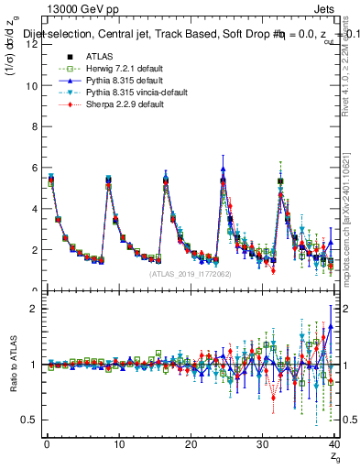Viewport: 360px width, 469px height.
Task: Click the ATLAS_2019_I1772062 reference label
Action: point(189,274)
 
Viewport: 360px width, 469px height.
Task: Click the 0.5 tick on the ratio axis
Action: point(27,420)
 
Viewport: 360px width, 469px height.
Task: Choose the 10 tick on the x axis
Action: point(117,444)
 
